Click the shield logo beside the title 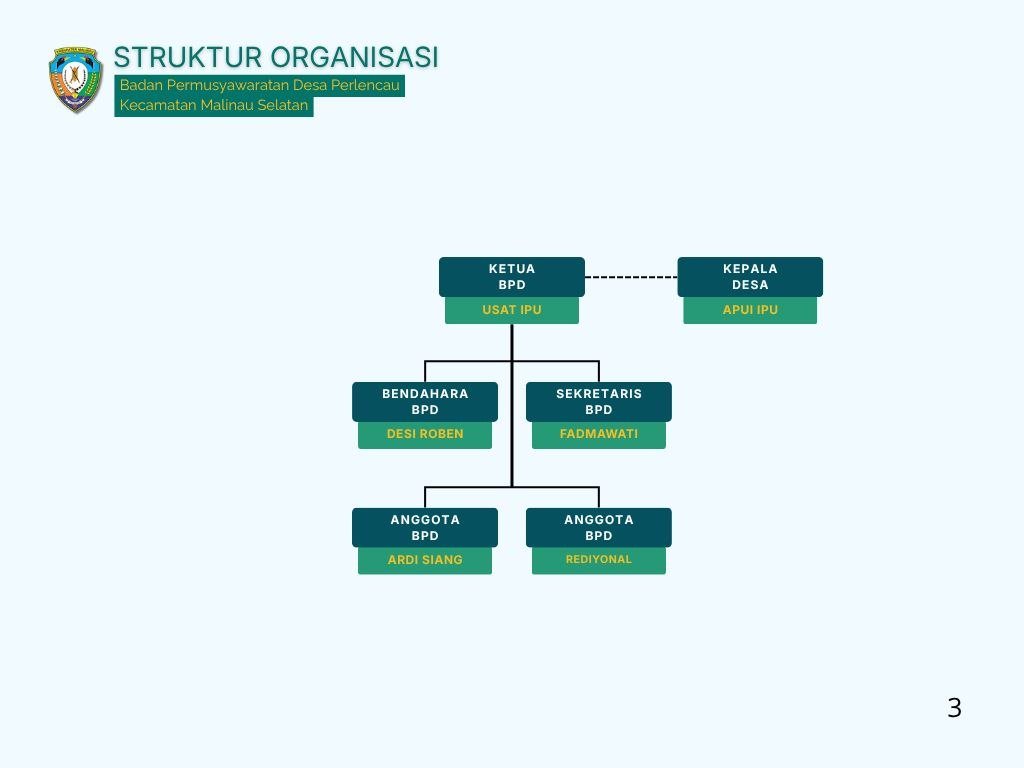76,80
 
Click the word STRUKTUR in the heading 188,57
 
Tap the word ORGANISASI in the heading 354,57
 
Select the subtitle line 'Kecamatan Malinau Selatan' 214,105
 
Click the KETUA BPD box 512,277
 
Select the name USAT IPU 512,310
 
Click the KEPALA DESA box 750,277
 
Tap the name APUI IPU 750,310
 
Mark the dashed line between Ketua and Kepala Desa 631,277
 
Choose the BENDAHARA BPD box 425,402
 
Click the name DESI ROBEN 425,434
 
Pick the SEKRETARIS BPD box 599,402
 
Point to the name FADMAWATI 599,434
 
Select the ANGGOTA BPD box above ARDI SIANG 425,528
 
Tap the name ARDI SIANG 425,560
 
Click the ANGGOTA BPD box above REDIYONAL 599,528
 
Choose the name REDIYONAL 599,559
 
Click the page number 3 954,708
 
